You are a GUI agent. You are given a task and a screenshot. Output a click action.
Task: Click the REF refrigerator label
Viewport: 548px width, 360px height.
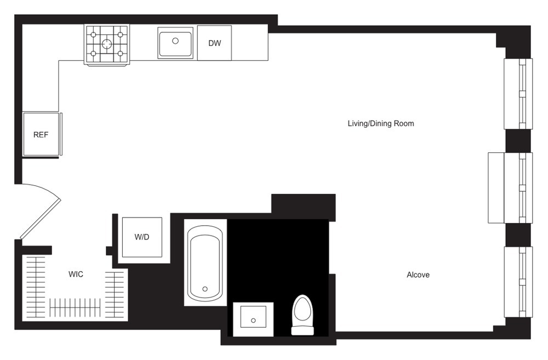coord(41,135)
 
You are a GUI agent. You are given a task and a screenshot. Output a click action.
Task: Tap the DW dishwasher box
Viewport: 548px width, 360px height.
coord(214,43)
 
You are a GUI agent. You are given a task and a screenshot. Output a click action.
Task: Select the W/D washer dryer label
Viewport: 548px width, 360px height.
coord(141,238)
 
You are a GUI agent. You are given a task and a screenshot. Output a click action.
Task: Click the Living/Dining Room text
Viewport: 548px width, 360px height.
coord(381,124)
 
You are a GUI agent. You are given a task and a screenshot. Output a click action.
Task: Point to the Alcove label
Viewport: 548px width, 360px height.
coord(418,275)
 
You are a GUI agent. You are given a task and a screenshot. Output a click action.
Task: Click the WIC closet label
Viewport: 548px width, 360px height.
coord(76,274)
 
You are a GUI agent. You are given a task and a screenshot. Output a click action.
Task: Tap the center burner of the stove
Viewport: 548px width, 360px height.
coord(107,44)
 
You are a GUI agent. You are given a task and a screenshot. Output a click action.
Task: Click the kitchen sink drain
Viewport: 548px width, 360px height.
coord(176,41)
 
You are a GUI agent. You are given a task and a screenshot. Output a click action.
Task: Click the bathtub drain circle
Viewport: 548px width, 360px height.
coord(205,289)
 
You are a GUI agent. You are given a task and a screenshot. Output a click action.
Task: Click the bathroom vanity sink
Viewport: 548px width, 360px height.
coord(253,319)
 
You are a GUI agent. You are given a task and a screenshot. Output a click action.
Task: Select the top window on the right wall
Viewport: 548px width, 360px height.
coord(518,93)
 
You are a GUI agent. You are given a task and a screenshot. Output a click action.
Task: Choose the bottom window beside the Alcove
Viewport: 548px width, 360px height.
coord(518,282)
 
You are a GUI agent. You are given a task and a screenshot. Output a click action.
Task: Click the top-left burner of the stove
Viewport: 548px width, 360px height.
coord(94,35)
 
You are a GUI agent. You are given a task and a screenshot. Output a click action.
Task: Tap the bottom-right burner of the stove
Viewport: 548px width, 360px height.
coord(120,53)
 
